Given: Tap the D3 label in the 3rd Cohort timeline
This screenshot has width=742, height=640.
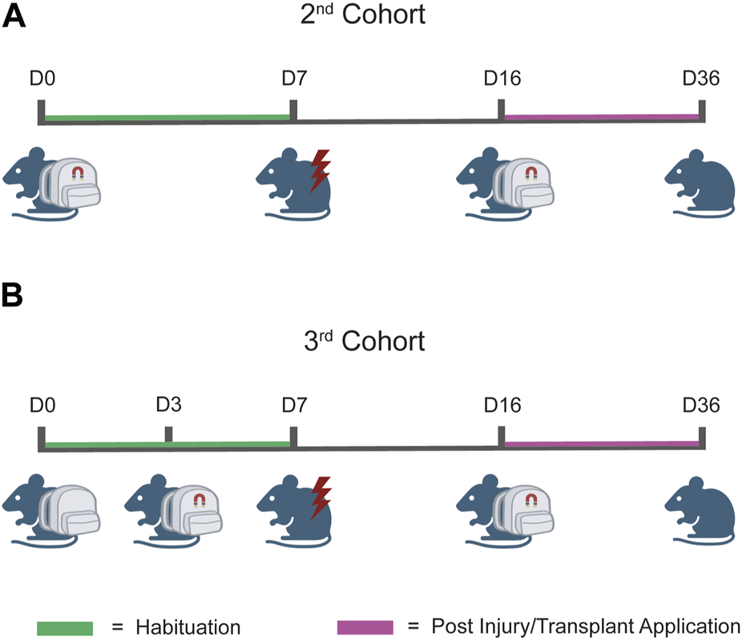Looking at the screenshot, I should pos(170,404).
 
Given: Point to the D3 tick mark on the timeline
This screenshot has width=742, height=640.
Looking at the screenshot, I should pos(168,434).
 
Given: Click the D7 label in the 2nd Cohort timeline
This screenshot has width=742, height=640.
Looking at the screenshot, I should pos(294,79).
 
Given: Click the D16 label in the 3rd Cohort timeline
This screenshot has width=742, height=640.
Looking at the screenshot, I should pos(502,404).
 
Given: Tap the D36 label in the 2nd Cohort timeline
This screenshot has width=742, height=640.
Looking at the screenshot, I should pos(700,79).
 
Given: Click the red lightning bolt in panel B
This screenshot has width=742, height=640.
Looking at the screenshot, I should pos(320,498).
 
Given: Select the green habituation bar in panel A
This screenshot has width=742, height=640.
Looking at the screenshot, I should pos(167,118).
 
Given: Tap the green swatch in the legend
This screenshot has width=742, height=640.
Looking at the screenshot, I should pos(65,625).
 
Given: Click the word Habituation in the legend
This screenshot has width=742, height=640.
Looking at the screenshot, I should pos(187,625).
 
